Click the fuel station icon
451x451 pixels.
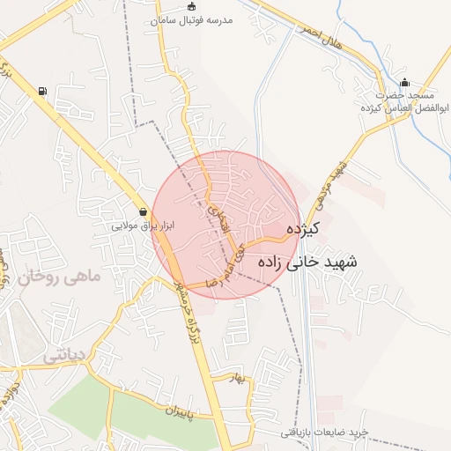coord(42,90)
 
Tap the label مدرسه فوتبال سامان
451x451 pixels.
coord(192,20)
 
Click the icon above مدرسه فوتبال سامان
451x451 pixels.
coord(192,7)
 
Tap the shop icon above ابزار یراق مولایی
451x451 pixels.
coord(143,211)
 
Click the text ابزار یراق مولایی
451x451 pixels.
coord(143,225)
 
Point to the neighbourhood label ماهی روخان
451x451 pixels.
coord(58,278)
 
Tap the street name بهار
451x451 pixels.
coord(234,378)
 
